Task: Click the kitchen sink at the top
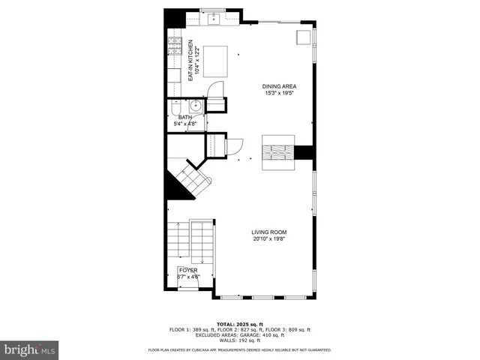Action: tap(212, 17)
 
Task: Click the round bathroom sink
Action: tap(193, 106)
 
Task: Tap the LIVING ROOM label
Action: tap(268, 232)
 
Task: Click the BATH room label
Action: tap(185, 117)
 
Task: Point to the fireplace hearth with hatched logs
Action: tap(277, 152)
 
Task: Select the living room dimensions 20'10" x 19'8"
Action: tap(268, 239)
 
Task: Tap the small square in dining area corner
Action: tap(304, 37)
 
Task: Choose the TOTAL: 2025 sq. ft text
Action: tap(239, 323)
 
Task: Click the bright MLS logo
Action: tap(29, 349)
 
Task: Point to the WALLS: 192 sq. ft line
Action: tap(239, 340)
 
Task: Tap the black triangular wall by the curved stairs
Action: tap(174, 187)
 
